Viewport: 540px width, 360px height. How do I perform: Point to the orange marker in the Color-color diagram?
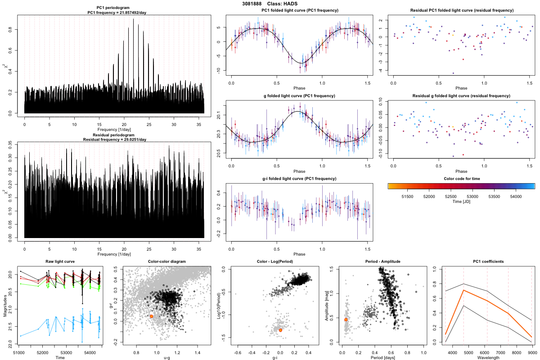click(151, 316)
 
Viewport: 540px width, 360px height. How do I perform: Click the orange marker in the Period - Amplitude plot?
click(346, 319)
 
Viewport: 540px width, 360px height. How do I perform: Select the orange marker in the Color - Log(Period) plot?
click(280, 330)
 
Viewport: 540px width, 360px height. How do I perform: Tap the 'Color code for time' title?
click(461, 179)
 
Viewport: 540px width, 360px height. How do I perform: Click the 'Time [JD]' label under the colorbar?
click(461, 202)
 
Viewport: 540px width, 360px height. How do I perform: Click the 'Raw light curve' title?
click(60, 261)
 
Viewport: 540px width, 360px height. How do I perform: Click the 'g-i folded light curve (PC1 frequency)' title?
click(299, 179)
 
